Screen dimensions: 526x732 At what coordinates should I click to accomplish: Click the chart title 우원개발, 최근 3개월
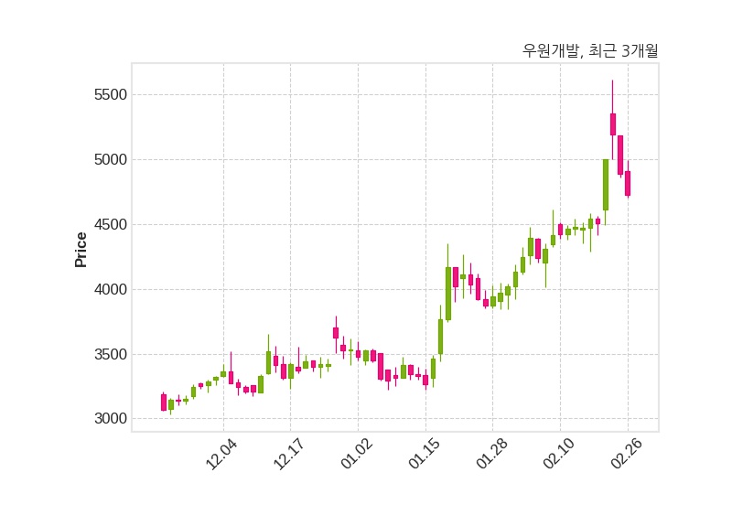(589, 51)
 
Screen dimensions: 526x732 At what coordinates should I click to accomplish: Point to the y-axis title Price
(81, 250)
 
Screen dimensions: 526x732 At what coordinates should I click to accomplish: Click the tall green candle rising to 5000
(606, 185)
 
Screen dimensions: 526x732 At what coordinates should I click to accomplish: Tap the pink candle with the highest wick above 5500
(613, 124)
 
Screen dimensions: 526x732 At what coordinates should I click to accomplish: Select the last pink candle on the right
(628, 183)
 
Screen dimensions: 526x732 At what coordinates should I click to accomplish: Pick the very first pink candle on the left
(164, 403)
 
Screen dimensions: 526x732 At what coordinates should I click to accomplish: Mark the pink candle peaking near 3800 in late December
(336, 333)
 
